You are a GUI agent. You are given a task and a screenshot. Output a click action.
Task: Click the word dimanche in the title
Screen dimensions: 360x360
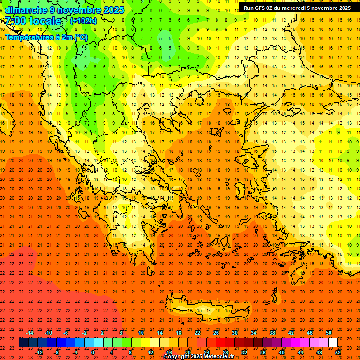coord(26,10)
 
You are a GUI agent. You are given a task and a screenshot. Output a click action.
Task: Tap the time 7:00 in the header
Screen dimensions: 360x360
coord(16,22)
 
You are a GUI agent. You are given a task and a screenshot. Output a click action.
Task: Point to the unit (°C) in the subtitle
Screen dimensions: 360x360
coord(81,37)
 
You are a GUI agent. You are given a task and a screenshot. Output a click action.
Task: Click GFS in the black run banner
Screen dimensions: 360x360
coord(263,8)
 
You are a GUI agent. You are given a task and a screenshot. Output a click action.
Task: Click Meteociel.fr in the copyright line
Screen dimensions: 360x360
coord(222,357)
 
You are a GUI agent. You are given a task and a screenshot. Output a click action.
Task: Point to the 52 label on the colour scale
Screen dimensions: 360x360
coord(338,352)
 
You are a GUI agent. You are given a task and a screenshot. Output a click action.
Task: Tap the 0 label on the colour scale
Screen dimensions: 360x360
coord(93,352)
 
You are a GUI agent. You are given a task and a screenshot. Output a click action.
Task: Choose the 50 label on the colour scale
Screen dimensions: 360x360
coord(329,333)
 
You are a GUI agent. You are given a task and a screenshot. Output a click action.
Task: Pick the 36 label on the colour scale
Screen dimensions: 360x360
coord(263,352)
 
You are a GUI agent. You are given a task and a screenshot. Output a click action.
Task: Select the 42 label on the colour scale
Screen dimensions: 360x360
coord(291,333)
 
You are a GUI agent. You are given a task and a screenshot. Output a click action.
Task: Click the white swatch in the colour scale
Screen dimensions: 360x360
coord(333,343)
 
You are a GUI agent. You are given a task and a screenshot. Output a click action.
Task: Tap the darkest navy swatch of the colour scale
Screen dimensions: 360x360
coord(23,343)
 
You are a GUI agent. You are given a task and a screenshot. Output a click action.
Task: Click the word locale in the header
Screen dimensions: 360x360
coord(45,22)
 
